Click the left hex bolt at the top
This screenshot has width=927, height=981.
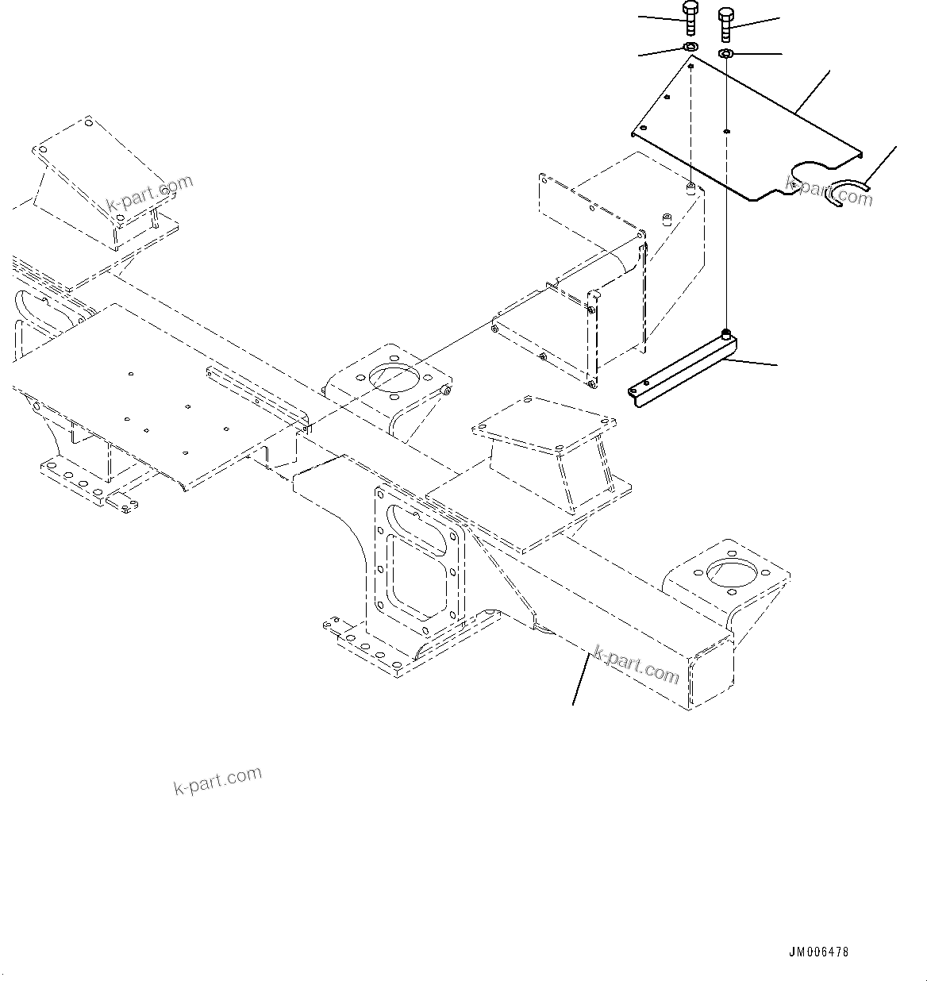[689, 18]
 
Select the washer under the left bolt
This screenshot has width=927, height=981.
[690, 49]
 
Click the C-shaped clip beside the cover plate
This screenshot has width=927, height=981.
[847, 194]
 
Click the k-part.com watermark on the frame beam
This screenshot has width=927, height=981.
[636, 665]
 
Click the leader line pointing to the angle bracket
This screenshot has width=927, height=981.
[754, 362]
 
